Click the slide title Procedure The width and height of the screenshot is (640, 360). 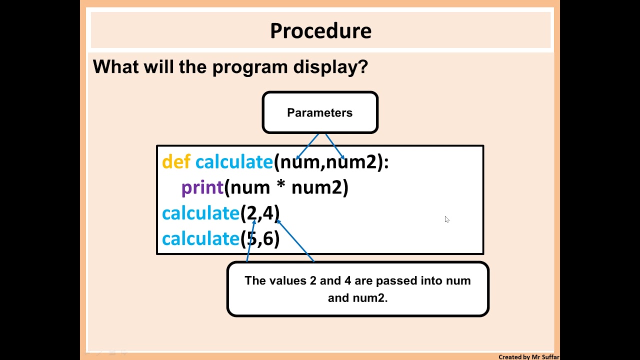pyautogui.click(x=320, y=31)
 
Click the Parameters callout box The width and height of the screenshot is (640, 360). pyautogui.click(x=320, y=112)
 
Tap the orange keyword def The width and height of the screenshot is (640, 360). pyautogui.click(x=176, y=162)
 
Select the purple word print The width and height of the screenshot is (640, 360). pyautogui.click(x=202, y=188)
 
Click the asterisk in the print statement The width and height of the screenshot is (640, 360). pyautogui.click(x=280, y=187)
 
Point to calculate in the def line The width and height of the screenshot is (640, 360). pyautogui.click(x=234, y=162)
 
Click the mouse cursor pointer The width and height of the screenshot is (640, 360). pyautogui.click(x=446, y=219)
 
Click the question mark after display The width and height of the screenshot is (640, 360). pyautogui.click(x=362, y=67)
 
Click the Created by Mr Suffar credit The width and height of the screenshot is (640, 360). pyautogui.click(x=528, y=357)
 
